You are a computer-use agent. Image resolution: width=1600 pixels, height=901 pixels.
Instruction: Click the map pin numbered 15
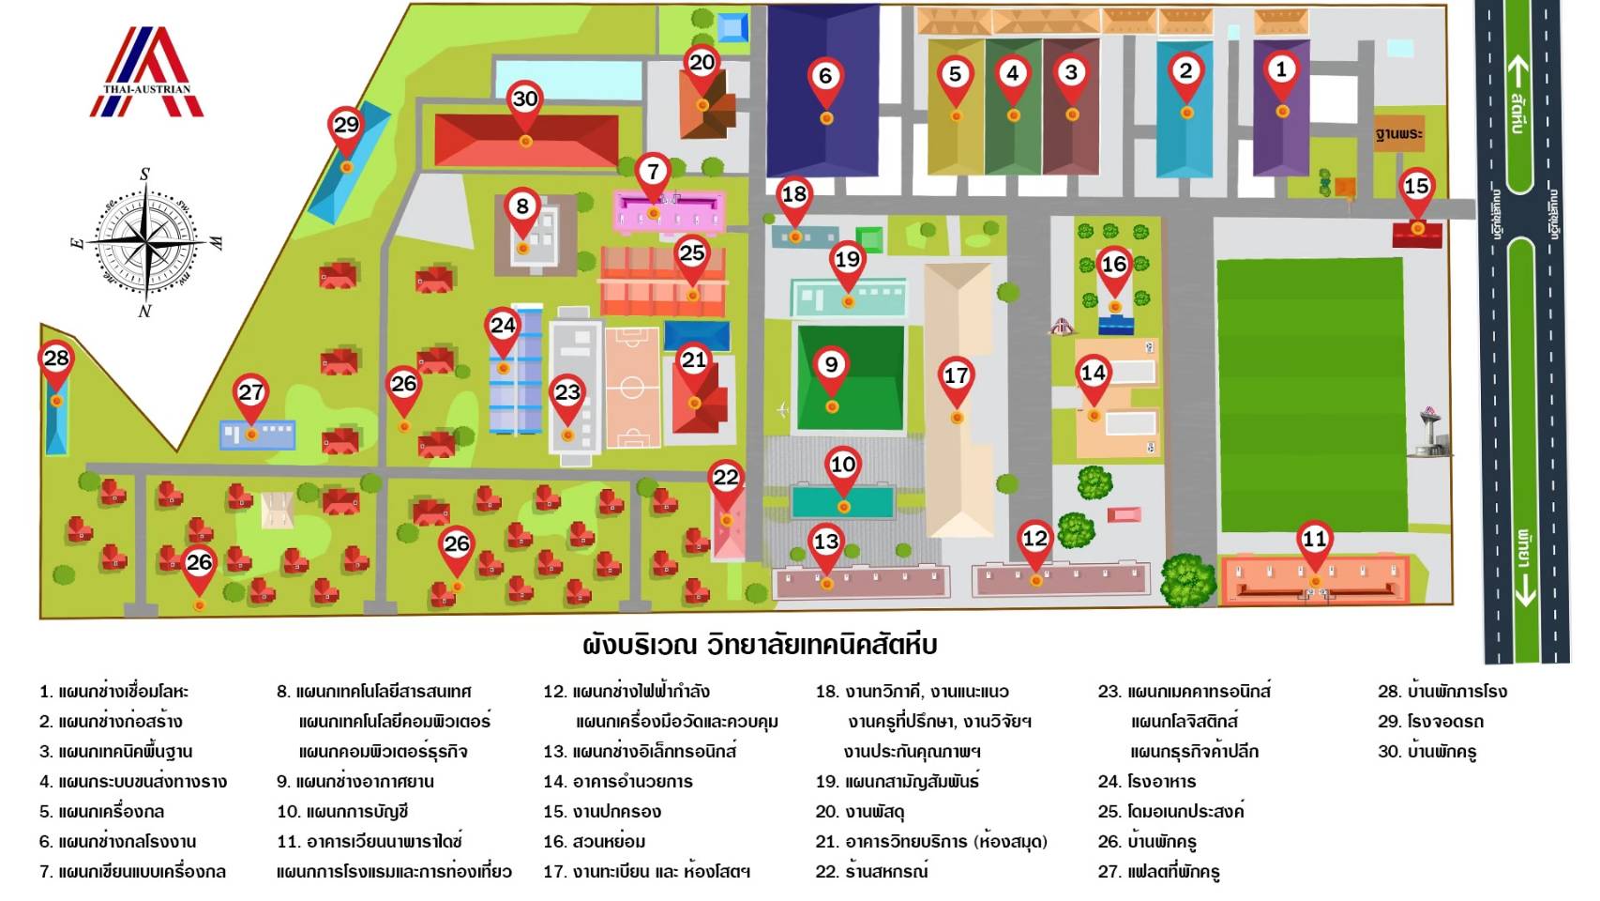pyautogui.click(x=1416, y=188)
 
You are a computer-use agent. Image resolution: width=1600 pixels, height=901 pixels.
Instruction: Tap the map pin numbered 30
pyautogui.click(x=525, y=100)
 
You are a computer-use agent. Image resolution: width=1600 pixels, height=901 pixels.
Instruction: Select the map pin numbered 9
pyautogui.click(x=831, y=366)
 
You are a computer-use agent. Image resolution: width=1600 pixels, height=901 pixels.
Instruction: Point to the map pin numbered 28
pyautogui.click(x=56, y=359)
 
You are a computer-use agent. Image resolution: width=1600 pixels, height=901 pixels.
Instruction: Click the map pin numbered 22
pyautogui.click(x=726, y=479)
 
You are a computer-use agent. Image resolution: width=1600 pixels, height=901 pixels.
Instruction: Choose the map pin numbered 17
pyautogui.click(x=956, y=377)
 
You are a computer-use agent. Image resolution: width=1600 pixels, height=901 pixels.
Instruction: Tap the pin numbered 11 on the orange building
pyautogui.click(x=1315, y=541)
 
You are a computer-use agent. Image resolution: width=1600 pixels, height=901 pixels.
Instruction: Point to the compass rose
pyautogui.click(x=146, y=242)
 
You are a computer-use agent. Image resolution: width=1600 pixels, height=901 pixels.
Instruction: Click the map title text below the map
pyautogui.click(x=760, y=645)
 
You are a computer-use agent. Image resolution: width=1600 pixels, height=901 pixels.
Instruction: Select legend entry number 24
pyautogui.click(x=1147, y=781)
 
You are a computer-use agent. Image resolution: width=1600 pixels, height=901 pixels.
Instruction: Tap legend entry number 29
pyautogui.click(x=1430, y=721)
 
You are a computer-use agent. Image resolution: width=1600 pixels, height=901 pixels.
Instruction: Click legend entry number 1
pyautogui.click(x=113, y=692)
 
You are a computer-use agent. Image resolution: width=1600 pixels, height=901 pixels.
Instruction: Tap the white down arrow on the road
pyautogui.click(x=1525, y=589)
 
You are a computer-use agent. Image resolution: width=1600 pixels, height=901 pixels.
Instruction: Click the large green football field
pyautogui.click(x=1311, y=394)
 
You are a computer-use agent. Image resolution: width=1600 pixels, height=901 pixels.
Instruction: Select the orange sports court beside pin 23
pyautogui.click(x=632, y=387)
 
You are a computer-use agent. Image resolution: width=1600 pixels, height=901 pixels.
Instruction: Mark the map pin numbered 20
pyautogui.click(x=702, y=64)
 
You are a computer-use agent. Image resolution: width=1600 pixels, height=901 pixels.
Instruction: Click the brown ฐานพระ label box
pyautogui.click(x=1398, y=133)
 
